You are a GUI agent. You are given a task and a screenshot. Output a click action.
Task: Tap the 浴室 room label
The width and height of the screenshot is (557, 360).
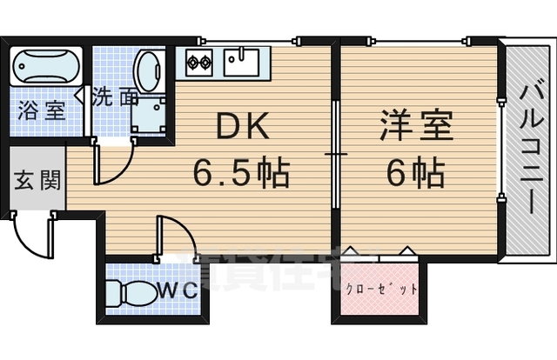pos(41,111)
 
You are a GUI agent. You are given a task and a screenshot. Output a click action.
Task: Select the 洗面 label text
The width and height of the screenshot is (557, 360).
pos(115,96)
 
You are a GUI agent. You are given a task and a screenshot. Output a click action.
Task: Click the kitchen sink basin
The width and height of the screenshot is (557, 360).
pos(241,60)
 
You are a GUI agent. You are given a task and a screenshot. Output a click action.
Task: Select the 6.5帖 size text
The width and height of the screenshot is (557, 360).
pos(240,172)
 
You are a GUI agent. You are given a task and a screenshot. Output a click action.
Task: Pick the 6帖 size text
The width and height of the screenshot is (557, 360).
pos(416,172)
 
